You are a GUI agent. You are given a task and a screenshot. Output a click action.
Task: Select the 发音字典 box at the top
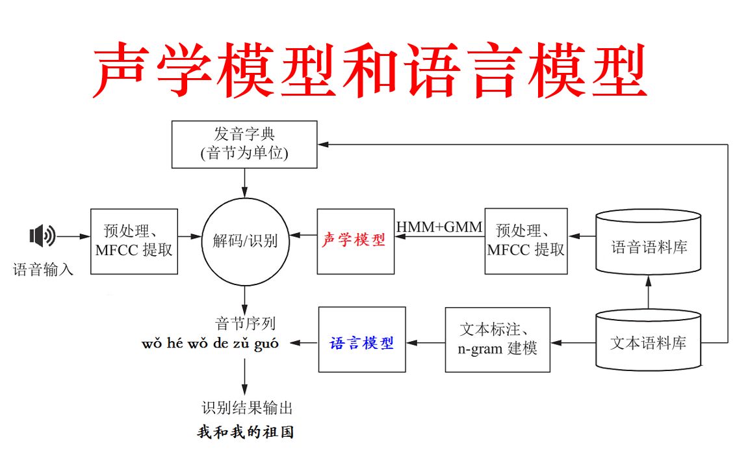point(244,144)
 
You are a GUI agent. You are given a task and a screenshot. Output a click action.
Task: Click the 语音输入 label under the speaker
point(44,269)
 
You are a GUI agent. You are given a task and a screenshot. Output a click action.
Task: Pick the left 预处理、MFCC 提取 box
point(134,241)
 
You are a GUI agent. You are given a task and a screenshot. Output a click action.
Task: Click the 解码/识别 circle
point(245,241)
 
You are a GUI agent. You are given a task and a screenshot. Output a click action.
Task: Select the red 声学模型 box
point(355,241)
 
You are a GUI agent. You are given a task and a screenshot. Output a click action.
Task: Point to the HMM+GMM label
point(439,227)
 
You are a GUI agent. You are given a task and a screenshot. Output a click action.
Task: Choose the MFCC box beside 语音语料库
point(526,241)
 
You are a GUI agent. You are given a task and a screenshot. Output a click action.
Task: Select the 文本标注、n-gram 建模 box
point(497,340)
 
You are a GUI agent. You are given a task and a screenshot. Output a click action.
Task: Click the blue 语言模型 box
point(362,342)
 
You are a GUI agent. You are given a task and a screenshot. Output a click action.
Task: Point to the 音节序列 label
point(245,323)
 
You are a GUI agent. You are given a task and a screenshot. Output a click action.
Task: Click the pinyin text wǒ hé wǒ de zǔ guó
point(210,343)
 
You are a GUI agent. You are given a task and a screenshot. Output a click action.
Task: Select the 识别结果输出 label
point(247,408)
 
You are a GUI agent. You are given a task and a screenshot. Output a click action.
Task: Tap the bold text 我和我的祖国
point(250,432)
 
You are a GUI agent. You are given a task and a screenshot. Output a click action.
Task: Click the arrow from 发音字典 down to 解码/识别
point(245,183)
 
